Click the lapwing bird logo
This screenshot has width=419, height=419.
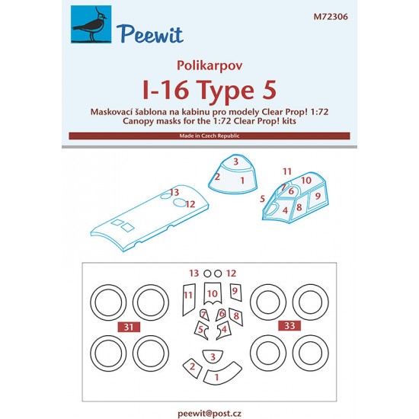(x=91, y=24)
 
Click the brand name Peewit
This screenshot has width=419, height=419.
(x=150, y=34)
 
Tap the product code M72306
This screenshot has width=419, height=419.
(x=331, y=17)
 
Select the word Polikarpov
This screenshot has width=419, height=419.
(x=209, y=66)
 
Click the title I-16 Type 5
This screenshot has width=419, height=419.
(x=209, y=90)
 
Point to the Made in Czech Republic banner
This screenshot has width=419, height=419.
(x=209, y=136)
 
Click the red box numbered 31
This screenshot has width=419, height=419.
(x=129, y=327)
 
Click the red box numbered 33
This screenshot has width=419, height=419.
(x=289, y=325)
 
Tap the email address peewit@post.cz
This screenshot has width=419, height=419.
(x=209, y=414)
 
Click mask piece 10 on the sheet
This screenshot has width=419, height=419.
(x=213, y=293)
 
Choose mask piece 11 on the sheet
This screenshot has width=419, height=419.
(x=189, y=299)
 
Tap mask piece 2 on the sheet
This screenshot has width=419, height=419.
(x=193, y=368)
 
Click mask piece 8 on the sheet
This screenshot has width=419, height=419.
(x=236, y=317)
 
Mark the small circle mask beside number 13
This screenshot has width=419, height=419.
(x=207, y=273)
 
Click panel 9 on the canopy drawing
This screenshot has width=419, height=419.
(x=317, y=198)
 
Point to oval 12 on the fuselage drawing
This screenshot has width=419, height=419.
(x=180, y=203)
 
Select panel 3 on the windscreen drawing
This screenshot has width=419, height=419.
(x=236, y=162)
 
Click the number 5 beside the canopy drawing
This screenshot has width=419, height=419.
(x=262, y=199)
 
